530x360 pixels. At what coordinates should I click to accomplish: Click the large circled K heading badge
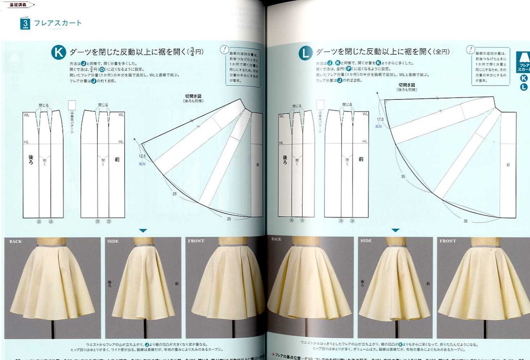pos(59,52)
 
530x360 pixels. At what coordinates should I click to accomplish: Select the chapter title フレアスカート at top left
pos(58,23)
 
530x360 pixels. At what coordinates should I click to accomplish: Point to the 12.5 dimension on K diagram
pos(142,156)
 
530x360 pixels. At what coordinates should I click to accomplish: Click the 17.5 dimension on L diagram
pos(380,119)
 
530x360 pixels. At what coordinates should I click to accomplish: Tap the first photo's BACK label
pos(15,242)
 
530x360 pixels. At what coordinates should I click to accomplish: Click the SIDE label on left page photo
pos(113,242)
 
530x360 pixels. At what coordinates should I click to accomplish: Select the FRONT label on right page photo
pos(448,242)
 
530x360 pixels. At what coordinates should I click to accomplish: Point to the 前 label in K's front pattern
pos(117,159)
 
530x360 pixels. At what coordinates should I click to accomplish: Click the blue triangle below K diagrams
pos(143,230)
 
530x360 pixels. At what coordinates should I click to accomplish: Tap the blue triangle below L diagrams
pos(395,230)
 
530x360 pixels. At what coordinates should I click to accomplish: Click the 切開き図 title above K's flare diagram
pos(193,96)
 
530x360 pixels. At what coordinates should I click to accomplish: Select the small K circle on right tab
pos(523,78)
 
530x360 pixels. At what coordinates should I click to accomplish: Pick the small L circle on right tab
pos(523,87)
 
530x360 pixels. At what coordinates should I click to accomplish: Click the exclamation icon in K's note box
pos(225,49)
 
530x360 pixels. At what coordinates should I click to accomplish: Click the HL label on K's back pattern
pos(26,142)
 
